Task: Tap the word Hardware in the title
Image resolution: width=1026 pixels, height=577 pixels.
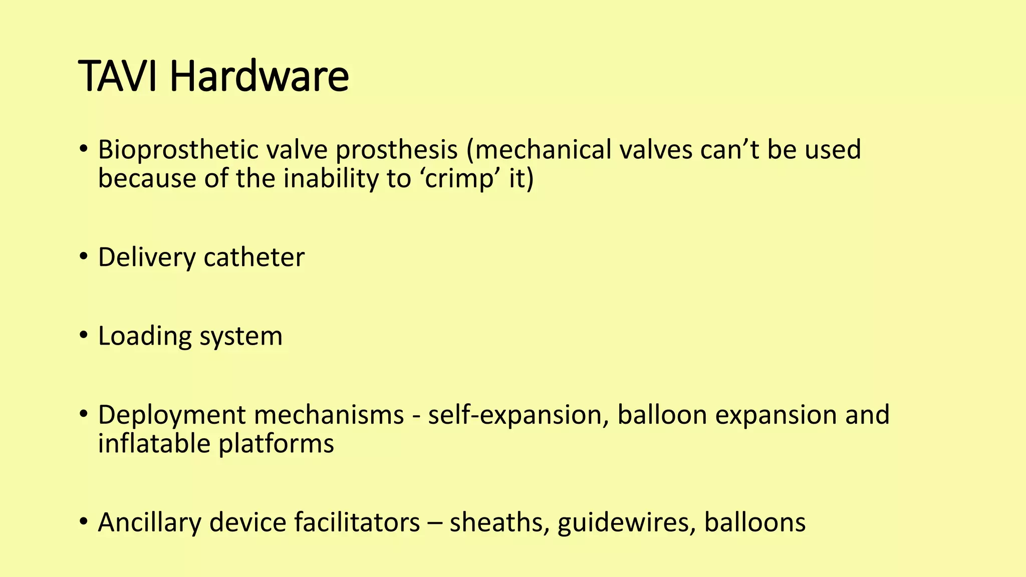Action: pyautogui.click(x=259, y=77)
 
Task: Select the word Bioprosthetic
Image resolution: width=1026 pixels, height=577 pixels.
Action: pyautogui.click(x=178, y=150)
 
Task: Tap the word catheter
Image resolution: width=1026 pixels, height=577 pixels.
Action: pyautogui.click(x=254, y=258)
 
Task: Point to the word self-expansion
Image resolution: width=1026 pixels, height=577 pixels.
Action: pyautogui.click(x=516, y=416)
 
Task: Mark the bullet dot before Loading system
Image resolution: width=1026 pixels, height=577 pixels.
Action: pyautogui.click(x=84, y=337)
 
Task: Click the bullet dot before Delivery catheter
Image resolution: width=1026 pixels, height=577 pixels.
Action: pyautogui.click(x=84, y=258)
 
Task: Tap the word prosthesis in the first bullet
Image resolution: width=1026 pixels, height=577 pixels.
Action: pyautogui.click(x=397, y=150)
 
